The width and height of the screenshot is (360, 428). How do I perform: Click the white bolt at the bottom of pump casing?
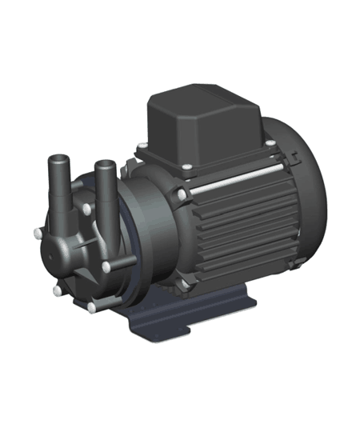pyautogui.click(x=94, y=306)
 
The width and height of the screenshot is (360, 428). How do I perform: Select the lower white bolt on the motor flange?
pyautogui.click(x=186, y=281)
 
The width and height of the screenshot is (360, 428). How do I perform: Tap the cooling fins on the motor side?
pyautogui.click(x=232, y=232)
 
